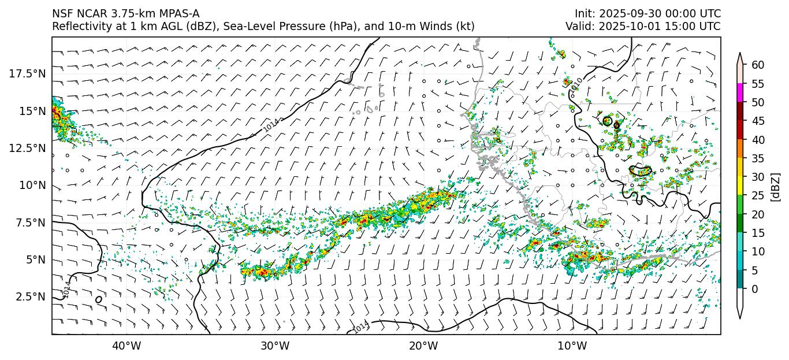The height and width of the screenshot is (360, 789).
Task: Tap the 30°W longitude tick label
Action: coord(275,346)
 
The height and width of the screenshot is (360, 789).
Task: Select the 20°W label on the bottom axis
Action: coord(423,346)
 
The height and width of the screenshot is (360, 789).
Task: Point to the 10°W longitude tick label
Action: coord(572,346)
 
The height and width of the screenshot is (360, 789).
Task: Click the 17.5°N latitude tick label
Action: coord(27,73)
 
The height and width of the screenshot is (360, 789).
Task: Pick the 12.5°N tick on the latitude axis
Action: coord(27,148)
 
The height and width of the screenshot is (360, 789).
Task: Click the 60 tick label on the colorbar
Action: coord(758,65)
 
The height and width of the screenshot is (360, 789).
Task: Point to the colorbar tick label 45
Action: coord(758,121)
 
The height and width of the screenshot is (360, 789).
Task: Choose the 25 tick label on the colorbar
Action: coord(758,196)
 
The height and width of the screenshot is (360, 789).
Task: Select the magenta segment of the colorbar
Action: coord(740,93)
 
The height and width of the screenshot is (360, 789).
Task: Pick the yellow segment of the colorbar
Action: coord(740,186)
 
